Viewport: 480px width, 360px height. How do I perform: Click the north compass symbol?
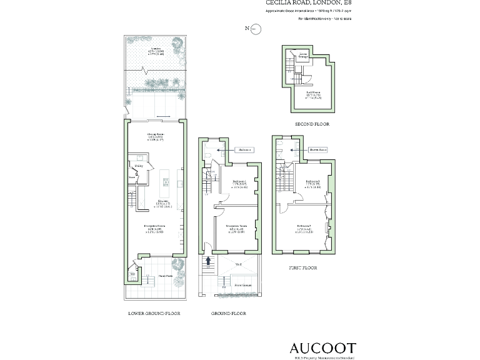coord(255,29)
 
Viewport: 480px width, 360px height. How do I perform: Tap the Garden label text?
coord(156,48)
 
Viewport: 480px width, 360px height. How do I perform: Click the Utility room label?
coord(139,166)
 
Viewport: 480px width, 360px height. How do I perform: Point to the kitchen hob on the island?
coord(166,182)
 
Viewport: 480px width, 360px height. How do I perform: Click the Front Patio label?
coord(165,276)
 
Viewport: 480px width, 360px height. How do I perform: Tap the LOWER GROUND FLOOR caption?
coord(154,313)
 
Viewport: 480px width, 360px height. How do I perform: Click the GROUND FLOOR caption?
coord(229,313)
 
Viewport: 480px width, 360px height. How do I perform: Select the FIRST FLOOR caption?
coord(302,267)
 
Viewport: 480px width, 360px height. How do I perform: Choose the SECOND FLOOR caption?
coord(312,124)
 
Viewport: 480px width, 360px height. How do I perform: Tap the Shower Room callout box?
coord(319,150)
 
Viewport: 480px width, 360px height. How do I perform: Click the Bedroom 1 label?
coord(241,181)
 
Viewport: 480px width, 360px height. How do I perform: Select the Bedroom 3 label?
coord(304,181)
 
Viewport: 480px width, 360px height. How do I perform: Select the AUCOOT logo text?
coord(322,347)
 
